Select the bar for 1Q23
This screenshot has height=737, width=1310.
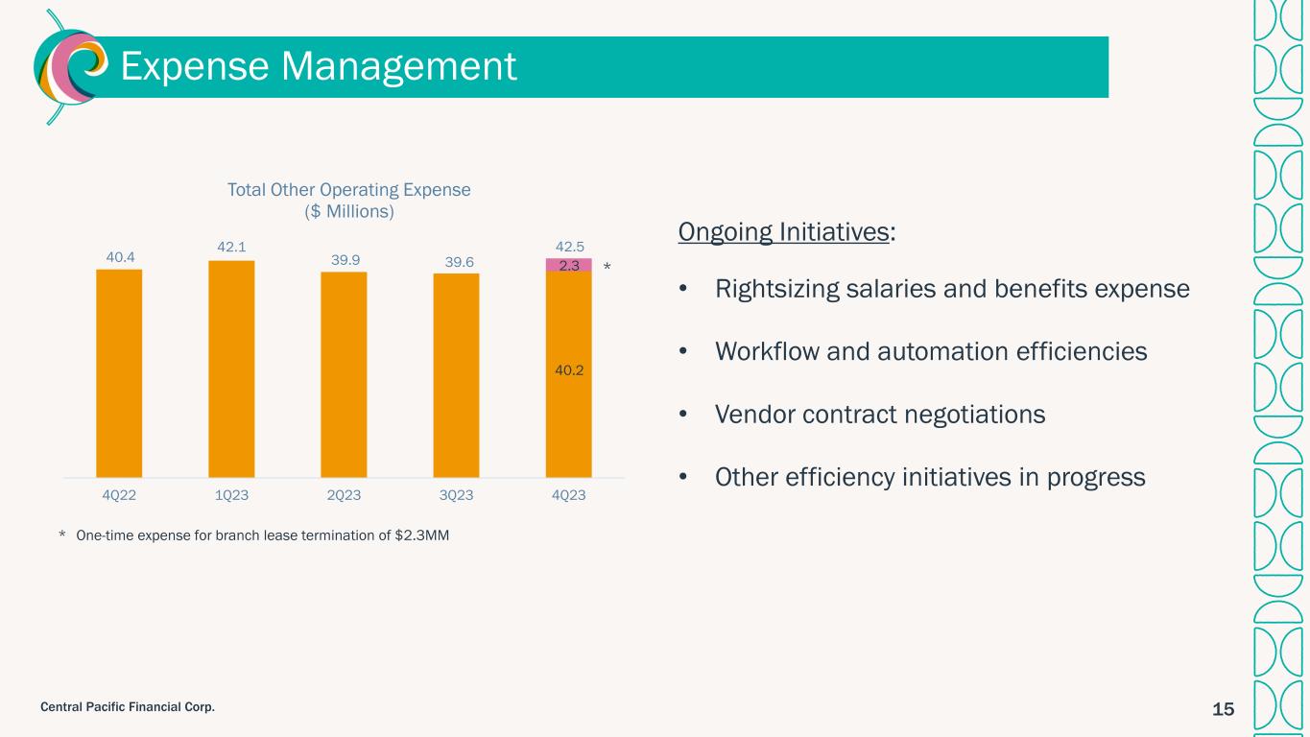[x=231, y=368]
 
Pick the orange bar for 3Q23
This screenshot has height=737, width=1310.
[x=456, y=375]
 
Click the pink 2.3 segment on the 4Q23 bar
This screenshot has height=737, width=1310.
[x=568, y=266]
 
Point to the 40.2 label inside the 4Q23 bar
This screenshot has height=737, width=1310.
[x=568, y=367]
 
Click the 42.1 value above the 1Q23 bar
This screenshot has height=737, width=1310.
[x=231, y=248]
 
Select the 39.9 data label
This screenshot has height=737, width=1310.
[x=344, y=259]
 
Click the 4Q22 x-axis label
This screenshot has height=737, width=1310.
[x=119, y=495]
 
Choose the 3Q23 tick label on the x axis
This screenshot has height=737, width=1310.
[x=456, y=495]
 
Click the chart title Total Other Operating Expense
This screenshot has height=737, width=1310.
[x=348, y=190]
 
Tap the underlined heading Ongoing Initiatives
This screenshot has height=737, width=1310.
[x=783, y=232]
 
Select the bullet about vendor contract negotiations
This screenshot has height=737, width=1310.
[x=879, y=415]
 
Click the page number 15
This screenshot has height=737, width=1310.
[x=1223, y=709]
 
